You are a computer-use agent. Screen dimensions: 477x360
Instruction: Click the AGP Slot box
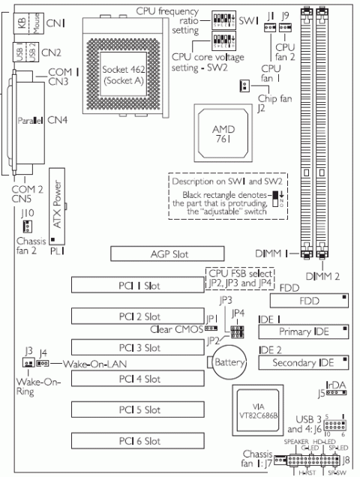pyautogui.click(x=166, y=254)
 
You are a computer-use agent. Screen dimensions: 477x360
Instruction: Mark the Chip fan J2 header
pyautogui.click(x=244, y=85)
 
